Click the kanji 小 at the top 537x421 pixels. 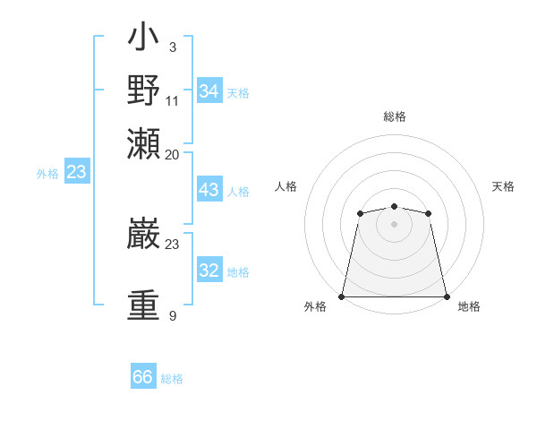tap(143, 39)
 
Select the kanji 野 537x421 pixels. tap(143, 90)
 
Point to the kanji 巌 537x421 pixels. tap(143, 235)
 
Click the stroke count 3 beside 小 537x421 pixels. tap(172, 47)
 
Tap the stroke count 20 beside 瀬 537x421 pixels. tap(173, 154)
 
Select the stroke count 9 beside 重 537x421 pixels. tap(172, 315)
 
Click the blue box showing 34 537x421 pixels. tap(209, 91)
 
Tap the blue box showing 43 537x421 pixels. tap(209, 190)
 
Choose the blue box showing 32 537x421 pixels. tap(209, 271)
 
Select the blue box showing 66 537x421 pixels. tap(143, 377)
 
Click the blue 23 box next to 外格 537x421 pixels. tap(76, 172)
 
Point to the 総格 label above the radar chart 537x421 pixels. tap(394, 116)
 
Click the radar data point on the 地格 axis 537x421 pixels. tap(446, 296)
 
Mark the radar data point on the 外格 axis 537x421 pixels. tap(342, 296)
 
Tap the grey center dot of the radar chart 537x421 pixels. tap(394, 223)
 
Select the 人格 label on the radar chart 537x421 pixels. tap(286, 186)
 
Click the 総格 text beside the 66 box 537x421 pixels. tap(172, 379)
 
